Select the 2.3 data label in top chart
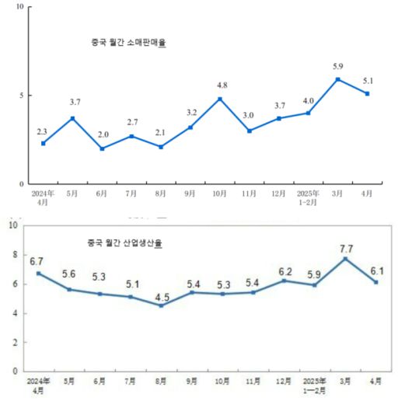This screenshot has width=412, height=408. coord(42,131)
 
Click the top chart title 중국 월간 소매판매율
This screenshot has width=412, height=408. coord(128,44)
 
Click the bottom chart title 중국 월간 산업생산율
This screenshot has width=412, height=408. coord(129,242)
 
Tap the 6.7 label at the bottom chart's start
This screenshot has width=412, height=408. coord(37,262)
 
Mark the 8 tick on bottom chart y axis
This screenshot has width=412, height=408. coord(12,255)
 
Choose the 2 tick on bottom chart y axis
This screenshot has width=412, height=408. coord(12,342)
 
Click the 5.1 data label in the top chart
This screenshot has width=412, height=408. coord(367,81)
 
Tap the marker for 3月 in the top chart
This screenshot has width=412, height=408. coord(338,79)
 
